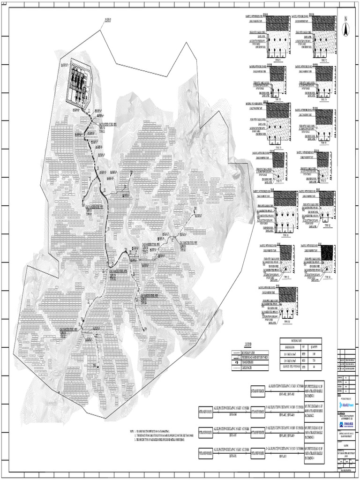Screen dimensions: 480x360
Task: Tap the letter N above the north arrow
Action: pyautogui.click(x=345, y=19)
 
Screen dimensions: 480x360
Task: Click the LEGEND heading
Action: pyautogui.click(x=248, y=344)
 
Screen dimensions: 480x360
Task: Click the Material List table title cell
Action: pyautogui.click(x=300, y=341)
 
